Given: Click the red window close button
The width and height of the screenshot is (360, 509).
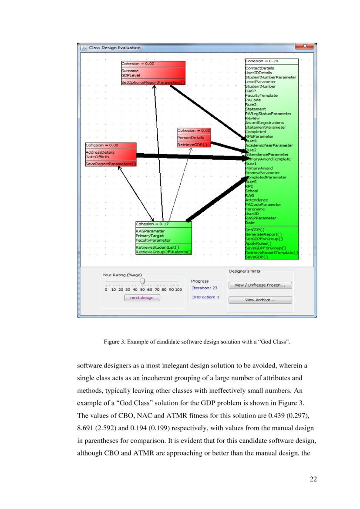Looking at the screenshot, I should coord(304,46).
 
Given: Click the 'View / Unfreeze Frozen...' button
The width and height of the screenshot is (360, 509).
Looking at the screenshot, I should coord(260,285).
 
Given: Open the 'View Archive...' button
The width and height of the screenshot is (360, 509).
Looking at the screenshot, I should coord(260,300).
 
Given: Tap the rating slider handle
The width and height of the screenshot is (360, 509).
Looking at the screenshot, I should coord(142,282).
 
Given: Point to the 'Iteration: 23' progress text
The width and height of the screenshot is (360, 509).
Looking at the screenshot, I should coord(205,288).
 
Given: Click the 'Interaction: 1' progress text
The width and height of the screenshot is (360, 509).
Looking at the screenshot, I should coord(205,297).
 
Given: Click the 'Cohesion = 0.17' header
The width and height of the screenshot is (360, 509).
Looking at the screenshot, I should coord(152,224).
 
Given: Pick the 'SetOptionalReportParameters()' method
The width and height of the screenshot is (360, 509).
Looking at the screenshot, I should coord(153,82).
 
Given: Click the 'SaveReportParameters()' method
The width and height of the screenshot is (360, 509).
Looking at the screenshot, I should coord(111,164).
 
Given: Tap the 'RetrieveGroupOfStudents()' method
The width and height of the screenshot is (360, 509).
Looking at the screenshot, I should coord(163,252).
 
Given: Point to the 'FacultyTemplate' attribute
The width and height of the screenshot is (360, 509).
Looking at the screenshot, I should coord(261,95).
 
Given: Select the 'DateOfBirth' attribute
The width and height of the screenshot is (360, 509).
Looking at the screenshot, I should coord(97,156).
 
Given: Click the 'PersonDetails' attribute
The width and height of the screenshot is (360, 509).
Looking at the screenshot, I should coord(191,138).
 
